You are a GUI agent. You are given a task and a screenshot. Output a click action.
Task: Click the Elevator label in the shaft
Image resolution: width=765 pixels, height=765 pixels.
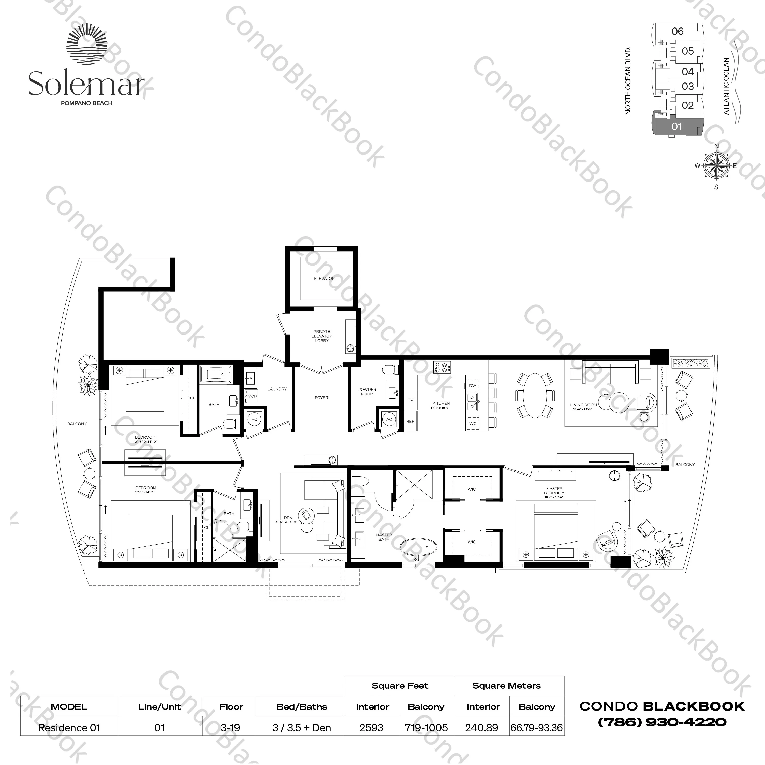pos(324,278)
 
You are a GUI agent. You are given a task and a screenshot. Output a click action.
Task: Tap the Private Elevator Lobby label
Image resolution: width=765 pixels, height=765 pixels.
pos(321,336)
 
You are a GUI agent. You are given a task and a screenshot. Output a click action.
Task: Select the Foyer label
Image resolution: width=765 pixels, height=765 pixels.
pos(321,398)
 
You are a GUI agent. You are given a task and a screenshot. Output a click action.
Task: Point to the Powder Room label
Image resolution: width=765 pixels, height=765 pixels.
pos(367,392)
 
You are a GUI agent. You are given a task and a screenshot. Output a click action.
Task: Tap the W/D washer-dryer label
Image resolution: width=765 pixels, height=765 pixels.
pos(252,396)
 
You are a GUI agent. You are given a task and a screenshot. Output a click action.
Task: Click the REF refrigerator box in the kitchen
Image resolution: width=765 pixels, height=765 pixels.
pos(410,421)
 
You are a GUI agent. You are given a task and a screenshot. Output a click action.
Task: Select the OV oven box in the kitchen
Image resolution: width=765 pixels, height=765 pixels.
pos(410,400)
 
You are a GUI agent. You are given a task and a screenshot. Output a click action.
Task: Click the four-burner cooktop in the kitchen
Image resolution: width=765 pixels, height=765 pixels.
pos(442,367)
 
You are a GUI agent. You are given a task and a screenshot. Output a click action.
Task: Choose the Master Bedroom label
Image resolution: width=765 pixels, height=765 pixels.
pos(554,491)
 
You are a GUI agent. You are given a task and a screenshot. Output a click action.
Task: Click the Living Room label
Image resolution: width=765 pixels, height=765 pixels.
pos(583,405)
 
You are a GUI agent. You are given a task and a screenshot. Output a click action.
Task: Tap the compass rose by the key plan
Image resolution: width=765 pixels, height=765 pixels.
pos(716,166)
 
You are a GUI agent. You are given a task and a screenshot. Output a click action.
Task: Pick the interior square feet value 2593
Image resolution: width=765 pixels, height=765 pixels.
pos(371,728)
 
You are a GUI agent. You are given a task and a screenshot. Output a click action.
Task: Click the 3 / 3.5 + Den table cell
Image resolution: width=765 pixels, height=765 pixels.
pos(301,728)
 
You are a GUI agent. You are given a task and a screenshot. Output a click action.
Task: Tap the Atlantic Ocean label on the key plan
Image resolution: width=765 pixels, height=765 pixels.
pos(726,86)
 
